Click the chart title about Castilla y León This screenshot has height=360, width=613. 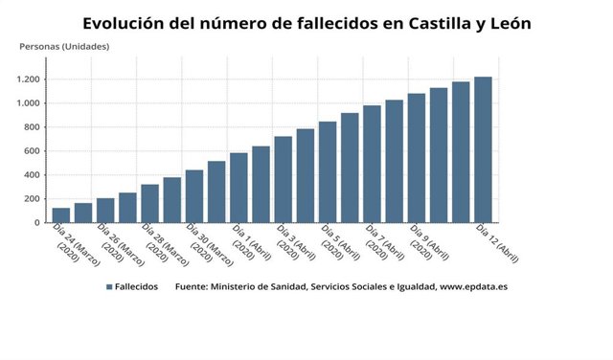pos(306,22)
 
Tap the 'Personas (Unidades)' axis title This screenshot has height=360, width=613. pos(64,46)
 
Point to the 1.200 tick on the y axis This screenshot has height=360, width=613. pos(29,79)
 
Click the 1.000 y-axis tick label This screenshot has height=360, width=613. pos(29,103)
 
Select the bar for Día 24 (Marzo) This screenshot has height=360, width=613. pos(60,215)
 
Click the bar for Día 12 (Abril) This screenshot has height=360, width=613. pos(484,149)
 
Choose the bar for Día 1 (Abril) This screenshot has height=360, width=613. pos(238,188)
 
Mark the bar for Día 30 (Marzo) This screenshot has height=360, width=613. pos(193,196)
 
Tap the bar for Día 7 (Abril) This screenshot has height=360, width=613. pos(373,164)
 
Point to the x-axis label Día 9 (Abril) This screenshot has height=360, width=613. pos(428,242)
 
